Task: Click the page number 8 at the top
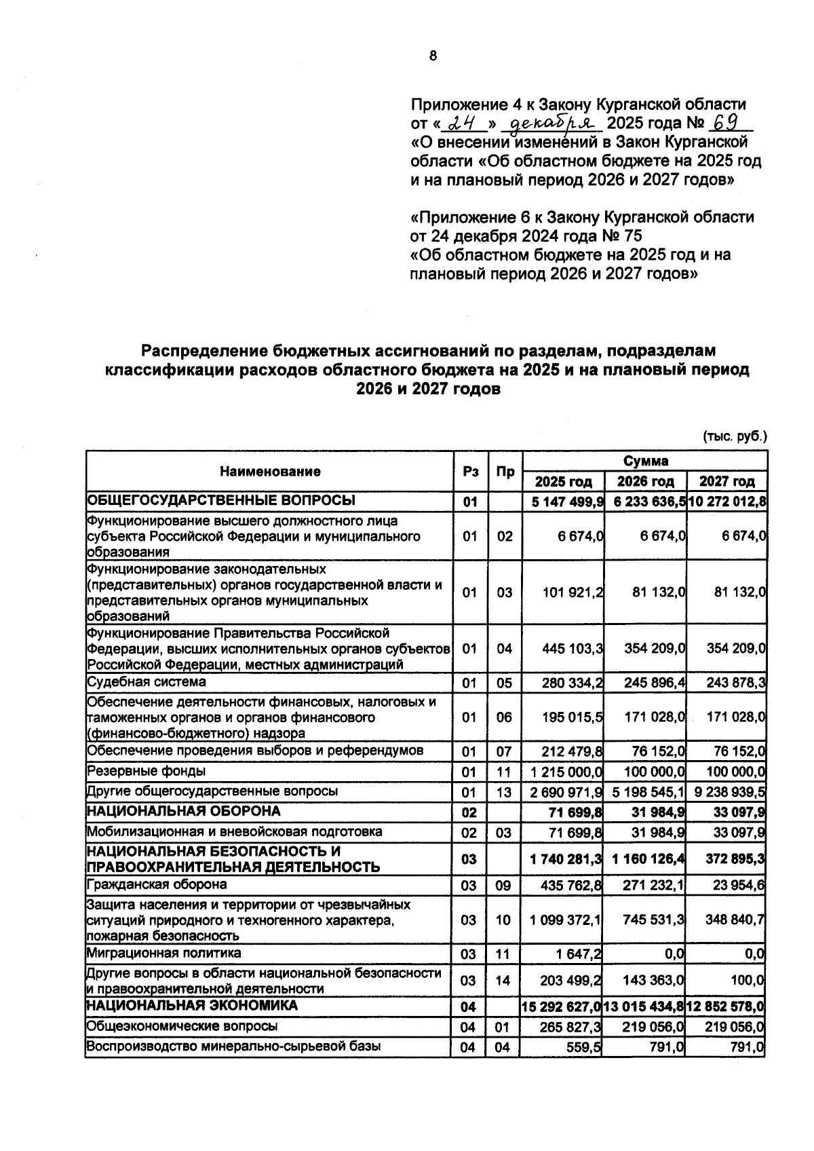tap(433, 56)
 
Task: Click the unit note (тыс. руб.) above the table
tap(735, 436)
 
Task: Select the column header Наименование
tap(269, 471)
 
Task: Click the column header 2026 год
tap(645, 481)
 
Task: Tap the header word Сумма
tap(645, 461)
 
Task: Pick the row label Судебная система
tap(147, 681)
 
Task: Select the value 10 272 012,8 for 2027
tap(727, 502)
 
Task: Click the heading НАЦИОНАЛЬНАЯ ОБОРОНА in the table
tap(183, 811)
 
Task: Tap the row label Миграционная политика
tap(163, 953)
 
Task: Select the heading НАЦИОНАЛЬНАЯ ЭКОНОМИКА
tap(192, 1004)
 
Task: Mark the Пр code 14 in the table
tap(503, 981)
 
